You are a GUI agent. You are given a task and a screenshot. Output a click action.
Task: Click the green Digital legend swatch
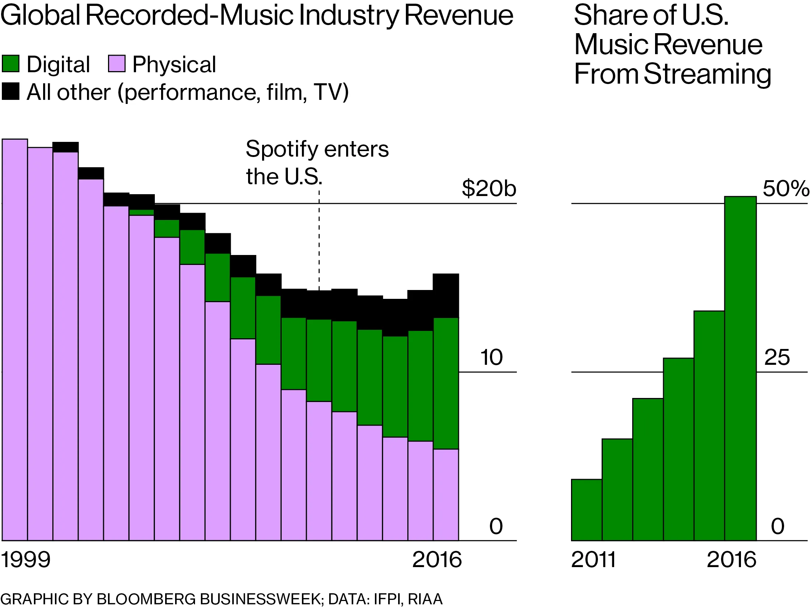click(10, 64)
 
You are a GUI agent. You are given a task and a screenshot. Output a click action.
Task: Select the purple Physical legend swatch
click(116, 64)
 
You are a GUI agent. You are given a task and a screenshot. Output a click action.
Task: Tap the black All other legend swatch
click(10, 91)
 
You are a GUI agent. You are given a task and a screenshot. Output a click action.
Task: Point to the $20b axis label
click(489, 188)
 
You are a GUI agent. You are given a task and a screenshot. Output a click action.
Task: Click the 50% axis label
click(786, 189)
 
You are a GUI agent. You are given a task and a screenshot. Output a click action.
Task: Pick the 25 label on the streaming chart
click(777, 357)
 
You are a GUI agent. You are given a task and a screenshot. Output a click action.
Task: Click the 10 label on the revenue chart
click(491, 357)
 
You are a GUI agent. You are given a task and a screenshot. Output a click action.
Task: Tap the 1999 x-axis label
click(25, 560)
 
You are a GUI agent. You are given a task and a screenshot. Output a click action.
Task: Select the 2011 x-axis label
click(594, 560)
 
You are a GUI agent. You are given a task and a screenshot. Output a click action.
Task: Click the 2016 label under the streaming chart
click(731, 560)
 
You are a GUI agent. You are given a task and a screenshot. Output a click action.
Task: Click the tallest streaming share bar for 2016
click(740, 368)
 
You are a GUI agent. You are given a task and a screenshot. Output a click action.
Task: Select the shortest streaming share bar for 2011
click(587, 510)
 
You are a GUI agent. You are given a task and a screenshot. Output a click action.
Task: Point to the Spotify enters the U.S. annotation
click(317, 162)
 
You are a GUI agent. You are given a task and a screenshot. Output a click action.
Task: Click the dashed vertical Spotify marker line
click(319, 240)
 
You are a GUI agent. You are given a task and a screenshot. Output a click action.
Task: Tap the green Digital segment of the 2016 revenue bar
click(446, 383)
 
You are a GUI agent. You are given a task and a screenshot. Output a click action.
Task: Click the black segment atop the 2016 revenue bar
click(446, 296)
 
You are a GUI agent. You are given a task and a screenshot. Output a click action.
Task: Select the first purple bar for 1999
click(15, 339)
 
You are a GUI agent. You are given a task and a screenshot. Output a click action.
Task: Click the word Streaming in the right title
click(707, 74)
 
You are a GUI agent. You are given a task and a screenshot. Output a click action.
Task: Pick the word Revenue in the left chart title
click(459, 15)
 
